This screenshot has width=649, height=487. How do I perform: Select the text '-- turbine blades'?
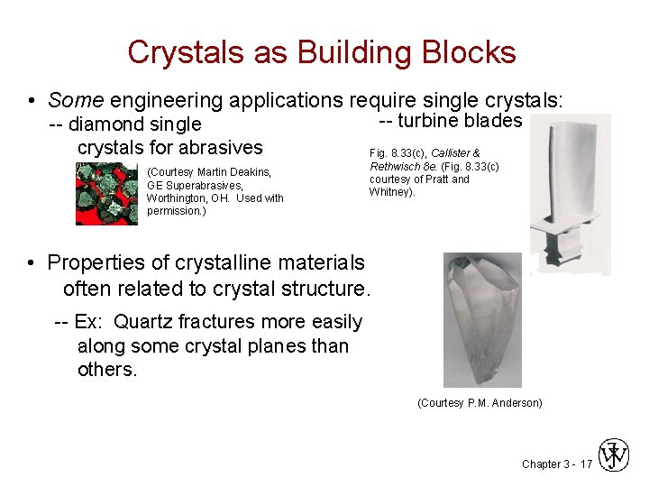coord(450,121)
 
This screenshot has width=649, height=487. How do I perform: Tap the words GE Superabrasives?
coord(194,185)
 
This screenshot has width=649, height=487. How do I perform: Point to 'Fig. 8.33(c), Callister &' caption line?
coord(424,153)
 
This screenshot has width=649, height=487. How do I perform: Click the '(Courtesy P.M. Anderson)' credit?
coord(480,403)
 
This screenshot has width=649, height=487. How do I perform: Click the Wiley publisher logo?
coord(616,455)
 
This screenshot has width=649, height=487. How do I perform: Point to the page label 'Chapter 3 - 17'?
coord(557,464)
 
